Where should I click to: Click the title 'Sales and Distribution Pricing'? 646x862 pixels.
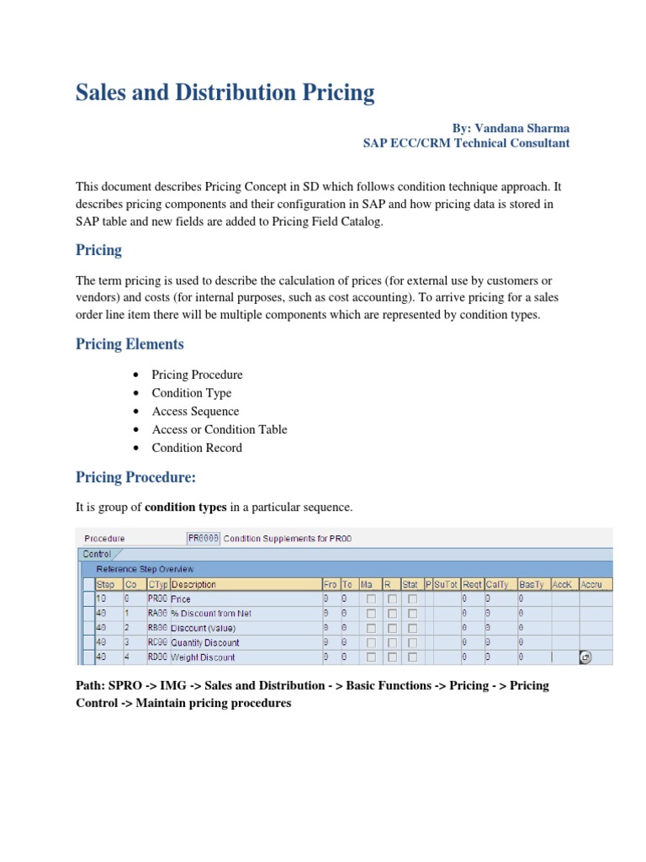pos(225,92)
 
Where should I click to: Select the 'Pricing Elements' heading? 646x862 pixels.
pos(130,343)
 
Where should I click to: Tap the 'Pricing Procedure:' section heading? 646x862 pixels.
pos(135,477)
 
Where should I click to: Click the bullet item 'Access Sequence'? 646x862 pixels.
pos(195,411)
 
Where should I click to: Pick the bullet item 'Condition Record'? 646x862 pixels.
pos(197,448)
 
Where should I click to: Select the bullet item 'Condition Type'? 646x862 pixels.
pos(191,392)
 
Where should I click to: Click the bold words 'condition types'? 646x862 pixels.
pos(186,507)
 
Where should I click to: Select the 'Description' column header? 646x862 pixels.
pos(193,584)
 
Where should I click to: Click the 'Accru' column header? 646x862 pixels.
pos(595,584)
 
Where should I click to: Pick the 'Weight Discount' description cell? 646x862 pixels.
pos(203,657)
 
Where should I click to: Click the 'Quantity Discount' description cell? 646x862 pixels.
pos(205,642)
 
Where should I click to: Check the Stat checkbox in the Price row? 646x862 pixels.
pos(412,599)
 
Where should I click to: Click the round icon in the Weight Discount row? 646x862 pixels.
pos(586,657)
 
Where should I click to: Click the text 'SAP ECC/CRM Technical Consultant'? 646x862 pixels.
pos(466,143)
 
